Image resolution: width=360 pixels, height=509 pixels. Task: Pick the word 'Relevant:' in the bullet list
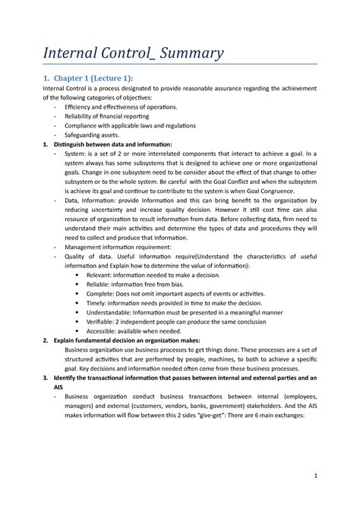pos(101,275)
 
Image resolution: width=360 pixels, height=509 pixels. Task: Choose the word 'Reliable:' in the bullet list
pos(100,286)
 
